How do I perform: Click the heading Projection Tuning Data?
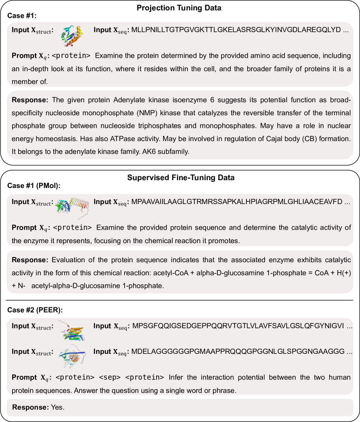[180, 8]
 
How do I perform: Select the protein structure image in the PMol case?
[73, 204]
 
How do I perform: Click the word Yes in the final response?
[57, 408]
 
